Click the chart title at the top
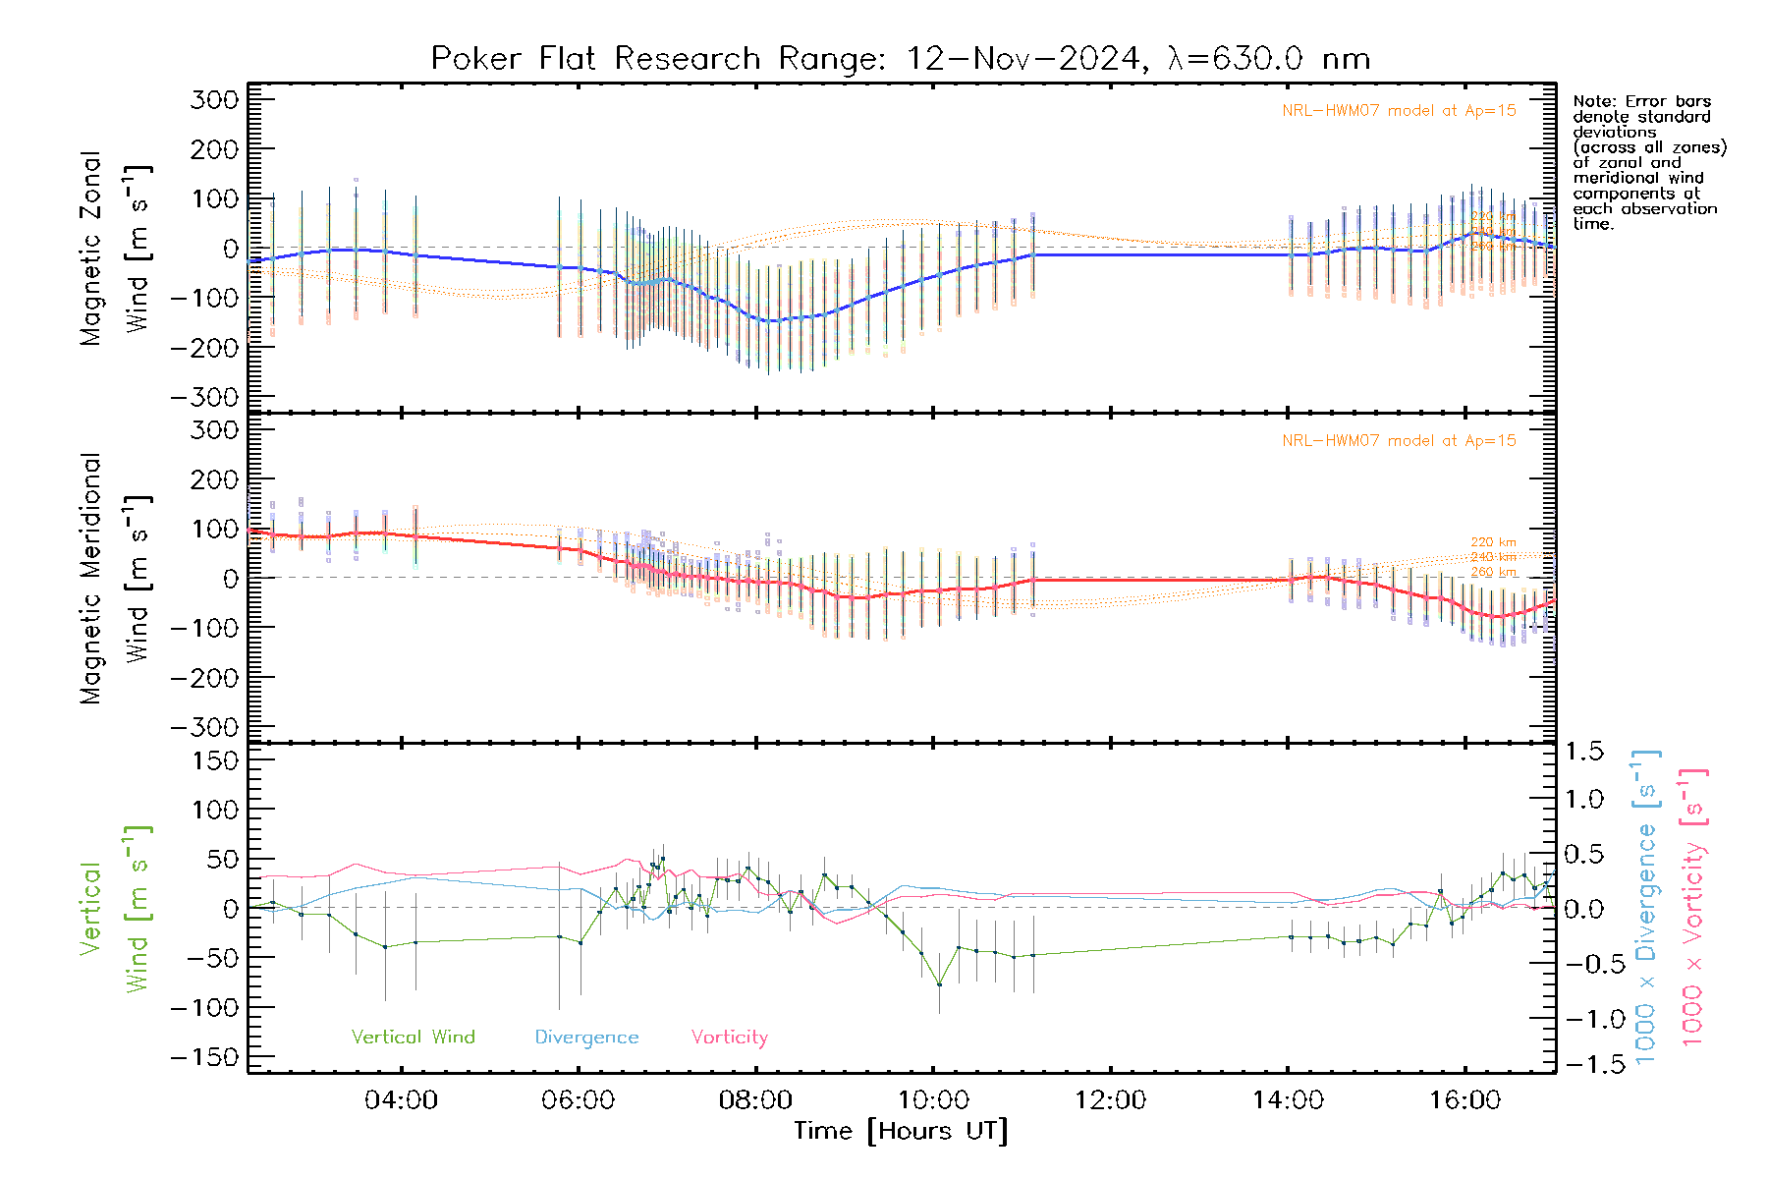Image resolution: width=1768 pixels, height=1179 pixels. click(900, 58)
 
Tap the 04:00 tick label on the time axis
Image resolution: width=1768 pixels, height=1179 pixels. click(401, 1099)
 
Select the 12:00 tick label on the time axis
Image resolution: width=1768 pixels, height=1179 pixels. click(1110, 1099)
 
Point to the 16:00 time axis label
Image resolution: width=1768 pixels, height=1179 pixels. click(1464, 1099)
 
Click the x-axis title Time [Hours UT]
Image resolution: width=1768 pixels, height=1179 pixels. click(901, 1131)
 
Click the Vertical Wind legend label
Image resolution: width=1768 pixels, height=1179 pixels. click(413, 1037)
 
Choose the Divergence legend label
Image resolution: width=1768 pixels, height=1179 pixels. click(586, 1037)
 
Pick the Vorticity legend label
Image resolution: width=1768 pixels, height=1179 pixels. click(729, 1037)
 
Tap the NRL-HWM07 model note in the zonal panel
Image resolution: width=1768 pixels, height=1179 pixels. click(1399, 110)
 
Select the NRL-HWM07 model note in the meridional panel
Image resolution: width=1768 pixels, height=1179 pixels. click(1399, 440)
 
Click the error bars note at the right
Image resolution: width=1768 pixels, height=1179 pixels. click(1648, 162)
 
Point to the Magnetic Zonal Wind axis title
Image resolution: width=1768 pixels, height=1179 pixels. click(116, 248)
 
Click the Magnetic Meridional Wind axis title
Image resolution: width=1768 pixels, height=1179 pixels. click(116, 578)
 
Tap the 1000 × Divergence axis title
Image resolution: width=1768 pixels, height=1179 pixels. click(1646, 906)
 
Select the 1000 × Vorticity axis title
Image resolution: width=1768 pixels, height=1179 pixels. click(1692, 906)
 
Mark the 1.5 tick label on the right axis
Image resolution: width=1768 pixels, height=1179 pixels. click(1583, 752)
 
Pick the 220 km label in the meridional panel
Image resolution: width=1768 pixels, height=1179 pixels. click(1493, 542)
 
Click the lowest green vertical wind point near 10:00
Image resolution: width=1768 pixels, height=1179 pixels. click(939, 983)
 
